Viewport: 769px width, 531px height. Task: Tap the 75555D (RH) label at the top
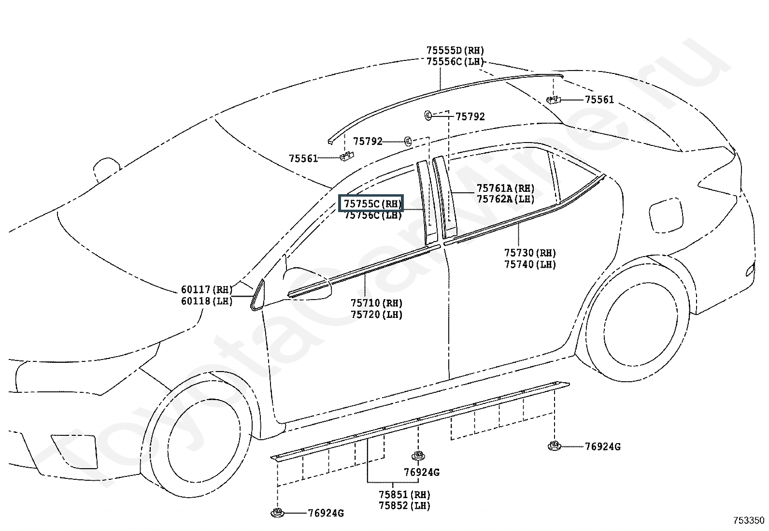455,50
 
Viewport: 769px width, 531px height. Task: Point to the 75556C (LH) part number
455,62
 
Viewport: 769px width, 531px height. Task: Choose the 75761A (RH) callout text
505,188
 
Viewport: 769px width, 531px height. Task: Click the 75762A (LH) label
505,199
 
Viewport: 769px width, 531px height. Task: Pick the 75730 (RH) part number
530,253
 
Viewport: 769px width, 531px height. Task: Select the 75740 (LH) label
530,264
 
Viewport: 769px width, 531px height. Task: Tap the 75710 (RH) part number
377,303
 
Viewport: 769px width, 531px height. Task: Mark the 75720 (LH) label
377,315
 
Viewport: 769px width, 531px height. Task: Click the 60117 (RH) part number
207,289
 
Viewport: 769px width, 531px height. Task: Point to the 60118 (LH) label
207,301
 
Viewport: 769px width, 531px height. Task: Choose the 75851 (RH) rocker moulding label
404,495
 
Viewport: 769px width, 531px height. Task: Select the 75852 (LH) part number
404,505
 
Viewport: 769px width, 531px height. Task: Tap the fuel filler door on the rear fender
666,215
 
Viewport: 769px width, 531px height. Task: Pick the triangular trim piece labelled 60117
258,295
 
